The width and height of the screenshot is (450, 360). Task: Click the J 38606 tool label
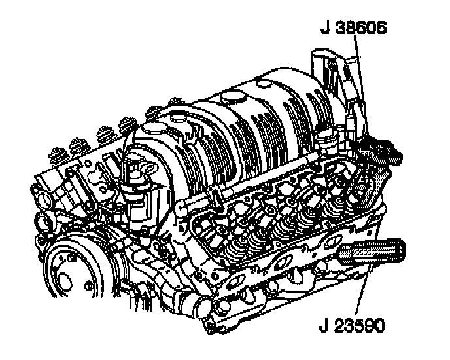pos(353,27)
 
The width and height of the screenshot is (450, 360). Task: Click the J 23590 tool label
pos(352,325)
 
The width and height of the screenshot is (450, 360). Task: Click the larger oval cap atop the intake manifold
pos(233,96)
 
